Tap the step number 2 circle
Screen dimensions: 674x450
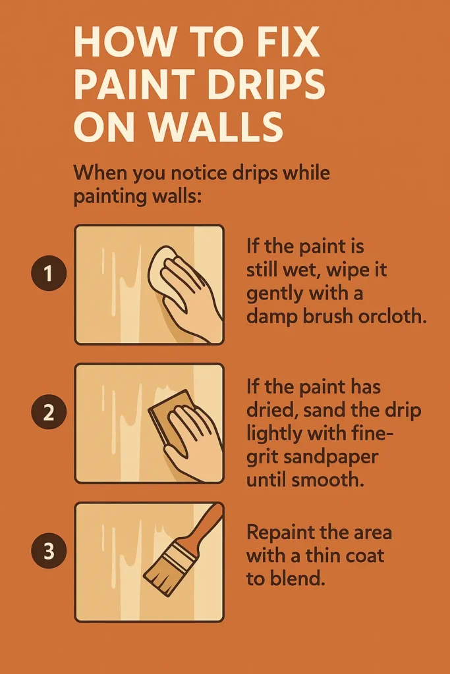point(48,413)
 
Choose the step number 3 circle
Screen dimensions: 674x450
point(48,550)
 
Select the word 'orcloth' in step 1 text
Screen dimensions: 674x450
point(396,316)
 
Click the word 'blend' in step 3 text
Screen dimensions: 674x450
point(298,580)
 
